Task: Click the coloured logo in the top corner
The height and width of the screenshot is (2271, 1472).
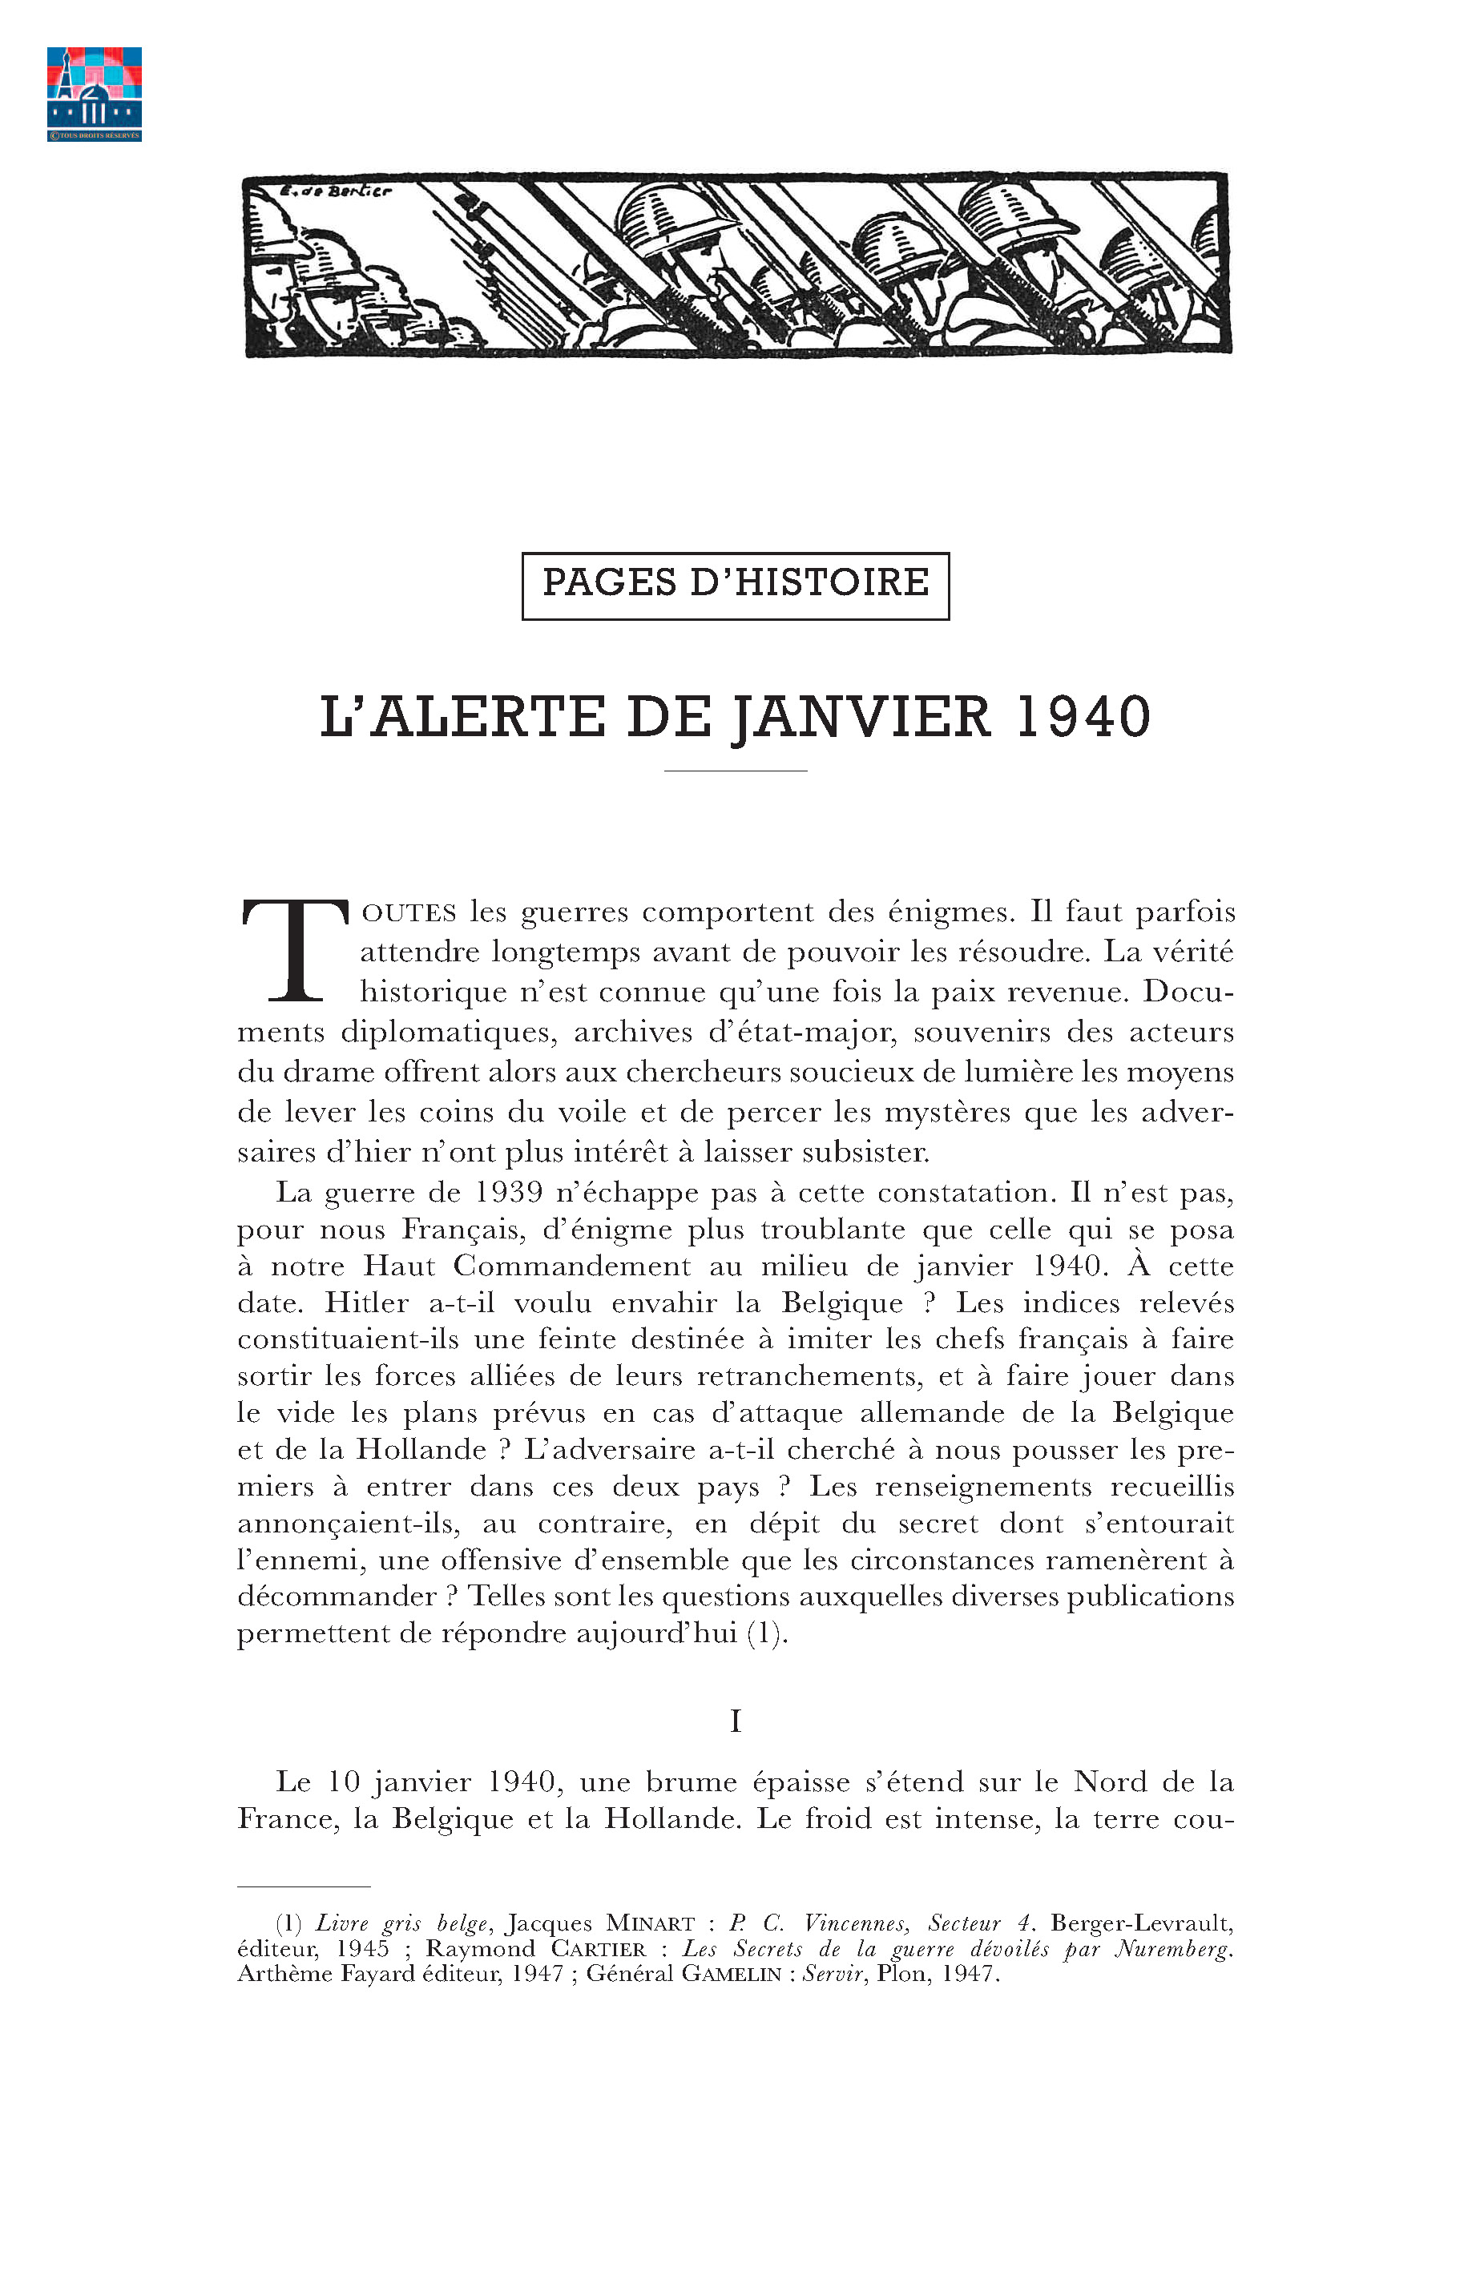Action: (x=94, y=93)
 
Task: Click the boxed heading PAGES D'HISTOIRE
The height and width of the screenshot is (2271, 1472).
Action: (x=735, y=585)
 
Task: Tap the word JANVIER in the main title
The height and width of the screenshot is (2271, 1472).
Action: (x=862, y=719)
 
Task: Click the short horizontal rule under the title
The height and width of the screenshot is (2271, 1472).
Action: (x=735, y=769)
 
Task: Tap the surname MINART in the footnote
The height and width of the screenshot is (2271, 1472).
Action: (x=650, y=1923)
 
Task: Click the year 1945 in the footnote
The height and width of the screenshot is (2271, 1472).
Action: (x=363, y=1948)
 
